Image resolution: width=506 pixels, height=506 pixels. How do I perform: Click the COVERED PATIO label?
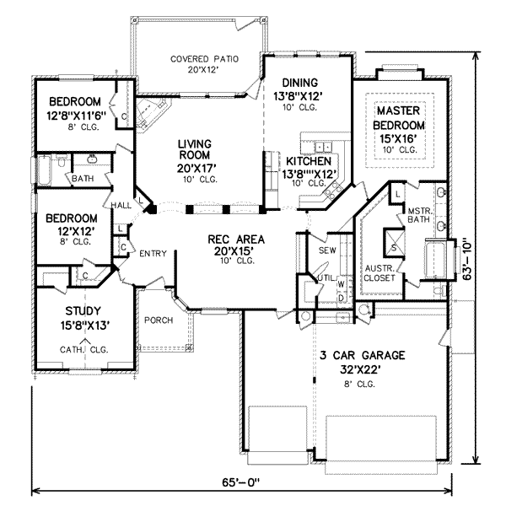pos(204,59)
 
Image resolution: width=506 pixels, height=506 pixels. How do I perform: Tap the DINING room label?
pos(299,83)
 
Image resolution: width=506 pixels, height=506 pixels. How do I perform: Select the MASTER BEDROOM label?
pos(399,118)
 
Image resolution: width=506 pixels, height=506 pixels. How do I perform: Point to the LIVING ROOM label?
pos(195,149)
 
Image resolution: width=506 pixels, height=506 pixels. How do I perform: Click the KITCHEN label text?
pos(309,161)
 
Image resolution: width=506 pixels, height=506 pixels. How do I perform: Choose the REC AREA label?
pos(236,240)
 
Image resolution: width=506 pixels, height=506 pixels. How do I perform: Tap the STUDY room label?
pos(83,311)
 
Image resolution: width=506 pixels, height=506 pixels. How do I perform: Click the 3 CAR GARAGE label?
pos(362,355)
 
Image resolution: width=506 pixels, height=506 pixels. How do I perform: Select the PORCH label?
pos(159,320)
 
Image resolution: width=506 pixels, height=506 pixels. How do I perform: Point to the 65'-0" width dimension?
pos(240,482)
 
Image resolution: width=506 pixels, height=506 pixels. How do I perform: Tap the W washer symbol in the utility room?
pos(341,284)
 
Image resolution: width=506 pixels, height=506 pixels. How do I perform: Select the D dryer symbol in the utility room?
pos(341,298)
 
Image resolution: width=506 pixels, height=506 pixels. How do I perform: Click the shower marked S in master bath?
pos(394,242)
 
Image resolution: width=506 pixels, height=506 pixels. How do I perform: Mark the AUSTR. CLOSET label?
pos(379,273)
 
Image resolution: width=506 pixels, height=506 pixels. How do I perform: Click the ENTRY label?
pos(153,254)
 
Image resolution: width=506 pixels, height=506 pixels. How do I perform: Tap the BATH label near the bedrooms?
pos(83,179)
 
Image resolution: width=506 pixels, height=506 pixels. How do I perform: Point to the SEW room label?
pos(327,250)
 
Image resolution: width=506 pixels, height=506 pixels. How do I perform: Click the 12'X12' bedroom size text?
pos(76,231)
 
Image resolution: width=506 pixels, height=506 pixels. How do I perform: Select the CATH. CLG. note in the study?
pos(83,349)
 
